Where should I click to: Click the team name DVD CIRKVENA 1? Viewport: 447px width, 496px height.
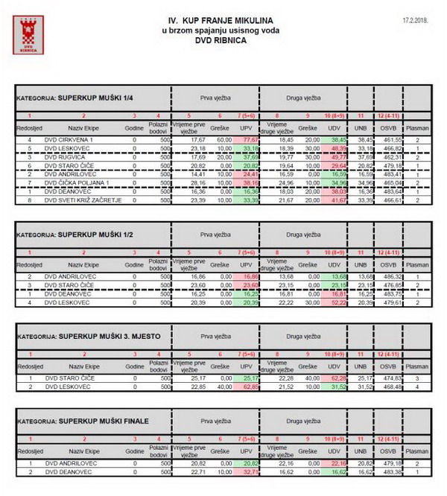70,139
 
